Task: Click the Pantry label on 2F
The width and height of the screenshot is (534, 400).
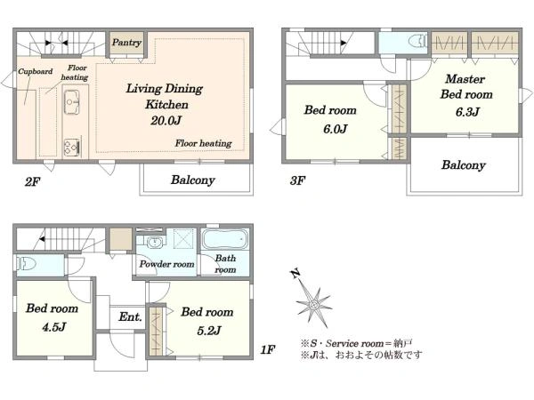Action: click(x=126, y=43)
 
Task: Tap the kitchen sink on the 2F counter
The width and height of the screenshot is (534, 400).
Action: click(x=71, y=101)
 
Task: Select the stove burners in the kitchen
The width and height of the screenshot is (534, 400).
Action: click(x=72, y=147)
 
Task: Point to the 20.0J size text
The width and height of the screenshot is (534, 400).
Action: click(x=166, y=120)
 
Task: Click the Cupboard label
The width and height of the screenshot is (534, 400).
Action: click(x=35, y=71)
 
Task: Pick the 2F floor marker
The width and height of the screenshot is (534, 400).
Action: click(x=32, y=182)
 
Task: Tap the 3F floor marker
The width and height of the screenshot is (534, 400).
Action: click(x=297, y=180)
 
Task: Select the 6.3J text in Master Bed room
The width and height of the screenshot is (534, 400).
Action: click(x=467, y=112)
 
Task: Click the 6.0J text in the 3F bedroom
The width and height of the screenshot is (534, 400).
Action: click(x=336, y=129)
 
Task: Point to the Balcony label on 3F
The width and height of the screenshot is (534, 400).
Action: click(x=463, y=165)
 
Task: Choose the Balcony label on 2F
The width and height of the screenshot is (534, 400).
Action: click(x=193, y=180)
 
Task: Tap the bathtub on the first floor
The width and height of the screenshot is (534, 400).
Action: click(x=225, y=239)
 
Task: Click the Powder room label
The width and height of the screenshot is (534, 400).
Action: click(x=167, y=264)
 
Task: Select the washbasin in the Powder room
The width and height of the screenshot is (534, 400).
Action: click(x=156, y=242)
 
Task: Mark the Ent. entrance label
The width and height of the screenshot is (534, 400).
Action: click(x=131, y=317)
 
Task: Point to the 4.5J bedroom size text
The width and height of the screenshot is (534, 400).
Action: click(x=53, y=327)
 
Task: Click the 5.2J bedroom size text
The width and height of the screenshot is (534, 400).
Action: click(x=209, y=331)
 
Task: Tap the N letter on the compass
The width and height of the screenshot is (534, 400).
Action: click(x=295, y=274)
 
